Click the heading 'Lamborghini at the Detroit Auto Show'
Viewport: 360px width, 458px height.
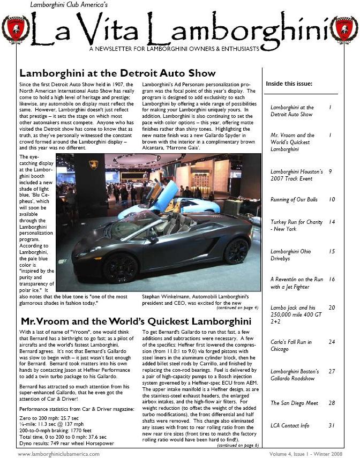(x=117, y=73)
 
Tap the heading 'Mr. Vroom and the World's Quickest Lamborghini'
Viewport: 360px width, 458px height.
(x=136, y=321)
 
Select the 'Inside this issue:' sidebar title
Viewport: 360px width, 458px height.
(x=289, y=84)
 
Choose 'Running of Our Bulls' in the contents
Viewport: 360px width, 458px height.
(x=294, y=200)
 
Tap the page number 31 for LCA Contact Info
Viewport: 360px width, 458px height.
(x=332, y=426)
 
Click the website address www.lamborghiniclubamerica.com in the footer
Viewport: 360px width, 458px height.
(x=58, y=453)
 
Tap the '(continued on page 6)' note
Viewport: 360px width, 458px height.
(x=238, y=445)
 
